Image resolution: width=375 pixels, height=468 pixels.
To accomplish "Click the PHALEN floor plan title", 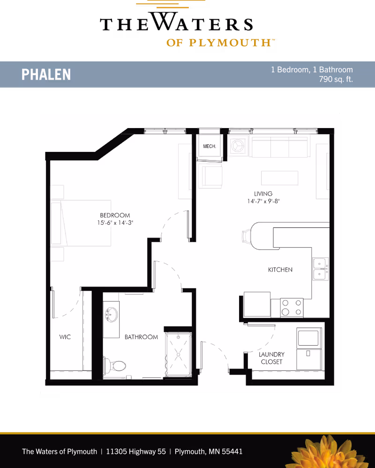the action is click(x=46, y=74).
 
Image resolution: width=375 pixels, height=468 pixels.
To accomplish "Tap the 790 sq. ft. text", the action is click(x=336, y=79).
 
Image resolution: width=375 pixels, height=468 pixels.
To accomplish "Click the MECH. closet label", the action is click(x=210, y=146).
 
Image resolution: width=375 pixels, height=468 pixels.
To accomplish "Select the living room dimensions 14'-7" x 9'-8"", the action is click(x=263, y=201).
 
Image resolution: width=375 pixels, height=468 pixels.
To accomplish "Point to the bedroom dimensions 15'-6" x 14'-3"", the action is click(x=115, y=223).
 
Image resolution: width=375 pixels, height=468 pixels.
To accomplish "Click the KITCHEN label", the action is click(x=280, y=270).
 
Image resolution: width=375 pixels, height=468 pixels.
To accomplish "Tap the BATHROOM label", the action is click(x=141, y=337).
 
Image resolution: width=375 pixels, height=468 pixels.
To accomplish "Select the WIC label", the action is click(x=65, y=337).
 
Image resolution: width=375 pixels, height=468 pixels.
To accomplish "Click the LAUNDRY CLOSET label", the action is click(x=271, y=358).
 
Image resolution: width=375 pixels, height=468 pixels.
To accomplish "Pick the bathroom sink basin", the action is click(x=112, y=315).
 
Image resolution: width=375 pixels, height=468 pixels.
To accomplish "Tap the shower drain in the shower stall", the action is click(x=179, y=355).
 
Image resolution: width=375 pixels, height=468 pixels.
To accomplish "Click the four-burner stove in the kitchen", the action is click(x=292, y=308).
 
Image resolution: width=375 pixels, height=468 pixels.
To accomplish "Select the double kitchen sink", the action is click(x=321, y=269).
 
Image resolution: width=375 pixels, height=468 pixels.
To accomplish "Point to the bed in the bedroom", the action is click(x=81, y=223).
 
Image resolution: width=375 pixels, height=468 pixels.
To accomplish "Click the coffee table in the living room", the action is click(x=279, y=178).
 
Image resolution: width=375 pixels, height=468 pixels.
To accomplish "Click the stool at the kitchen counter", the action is click(x=247, y=236).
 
